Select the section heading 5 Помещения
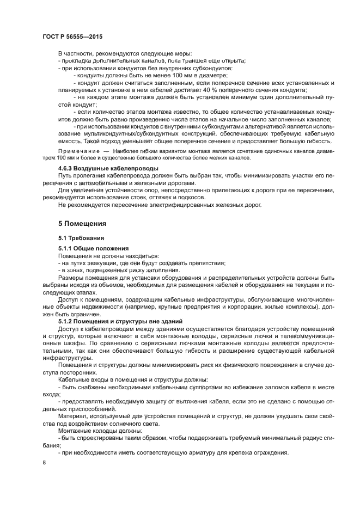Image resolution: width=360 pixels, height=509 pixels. coord(82,224)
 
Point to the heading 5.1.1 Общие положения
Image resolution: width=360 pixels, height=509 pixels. coord(93,248)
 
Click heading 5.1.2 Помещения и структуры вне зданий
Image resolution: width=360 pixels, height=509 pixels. coord(120,321)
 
